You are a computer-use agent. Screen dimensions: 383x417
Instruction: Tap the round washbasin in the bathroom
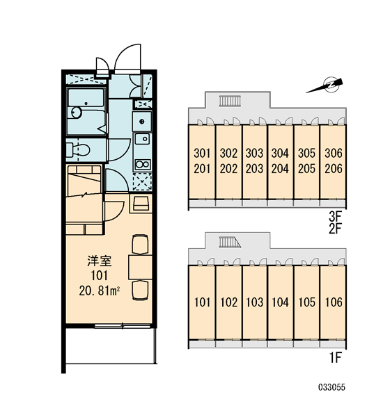(76, 113)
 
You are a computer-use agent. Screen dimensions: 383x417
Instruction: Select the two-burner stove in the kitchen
(143, 164)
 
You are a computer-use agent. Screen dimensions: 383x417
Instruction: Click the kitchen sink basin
(142, 139)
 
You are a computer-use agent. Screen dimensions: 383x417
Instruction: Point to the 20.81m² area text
(99, 291)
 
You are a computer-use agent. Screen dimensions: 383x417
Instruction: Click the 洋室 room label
(99, 261)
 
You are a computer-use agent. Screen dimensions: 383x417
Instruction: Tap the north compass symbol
(327, 85)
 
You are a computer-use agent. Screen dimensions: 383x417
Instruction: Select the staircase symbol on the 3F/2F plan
(230, 101)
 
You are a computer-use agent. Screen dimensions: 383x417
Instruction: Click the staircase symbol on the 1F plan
(230, 243)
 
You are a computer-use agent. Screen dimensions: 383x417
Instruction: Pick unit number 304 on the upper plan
(280, 153)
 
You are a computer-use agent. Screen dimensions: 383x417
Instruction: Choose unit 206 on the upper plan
(334, 169)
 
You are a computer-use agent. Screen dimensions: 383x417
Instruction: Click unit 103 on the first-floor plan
(255, 302)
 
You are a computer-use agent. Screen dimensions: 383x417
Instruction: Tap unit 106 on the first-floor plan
(334, 302)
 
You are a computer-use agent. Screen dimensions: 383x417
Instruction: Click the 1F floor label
(336, 358)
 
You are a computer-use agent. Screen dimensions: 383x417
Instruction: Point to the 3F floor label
(335, 216)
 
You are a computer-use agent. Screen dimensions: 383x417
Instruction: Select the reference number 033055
(331, 387)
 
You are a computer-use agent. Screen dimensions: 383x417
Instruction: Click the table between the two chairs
(140, 268)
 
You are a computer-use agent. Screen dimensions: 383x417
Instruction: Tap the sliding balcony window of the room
(123, 325)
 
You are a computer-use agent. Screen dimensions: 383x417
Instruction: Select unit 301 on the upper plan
(202, 153)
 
